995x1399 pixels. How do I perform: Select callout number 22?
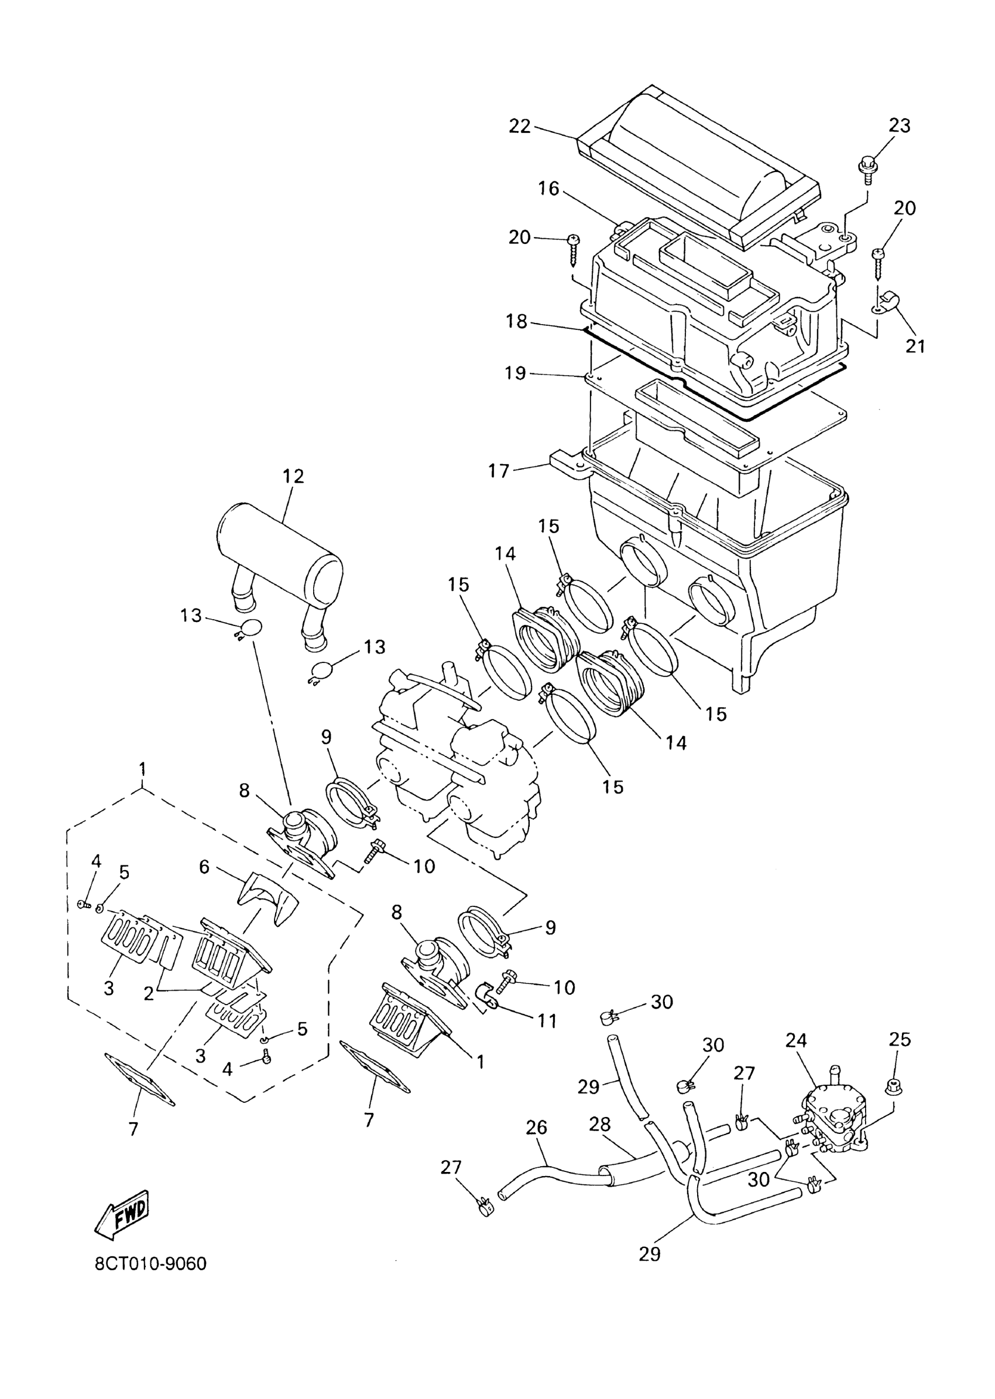[520, 126]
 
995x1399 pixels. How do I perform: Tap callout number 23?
[900, 126]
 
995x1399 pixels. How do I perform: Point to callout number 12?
[293, 476]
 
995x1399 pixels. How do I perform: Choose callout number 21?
[915, 346]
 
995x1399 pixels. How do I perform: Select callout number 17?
[499, 470]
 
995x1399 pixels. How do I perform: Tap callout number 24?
[797, 1041]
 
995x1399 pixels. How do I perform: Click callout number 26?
[537, 1128]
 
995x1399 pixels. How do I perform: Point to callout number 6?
[204, 867]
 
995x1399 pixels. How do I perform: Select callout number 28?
[600, 1124]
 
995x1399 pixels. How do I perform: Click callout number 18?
[516, 321]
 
